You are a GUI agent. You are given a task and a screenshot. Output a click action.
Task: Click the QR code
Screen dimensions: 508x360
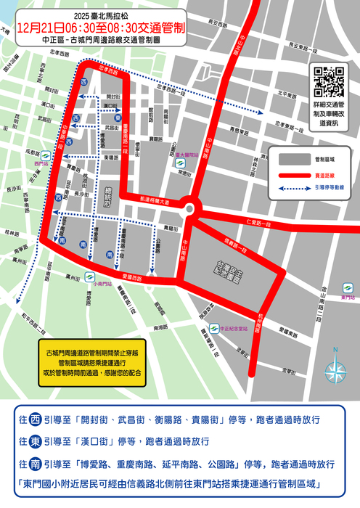330,81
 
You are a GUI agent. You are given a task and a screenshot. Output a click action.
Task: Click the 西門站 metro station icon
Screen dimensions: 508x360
41,155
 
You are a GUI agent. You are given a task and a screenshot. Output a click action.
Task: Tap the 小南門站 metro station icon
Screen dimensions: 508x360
90,276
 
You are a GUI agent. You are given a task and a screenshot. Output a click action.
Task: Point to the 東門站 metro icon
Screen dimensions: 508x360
344,288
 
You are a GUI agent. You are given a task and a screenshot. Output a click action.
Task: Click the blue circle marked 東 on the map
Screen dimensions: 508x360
118,117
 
